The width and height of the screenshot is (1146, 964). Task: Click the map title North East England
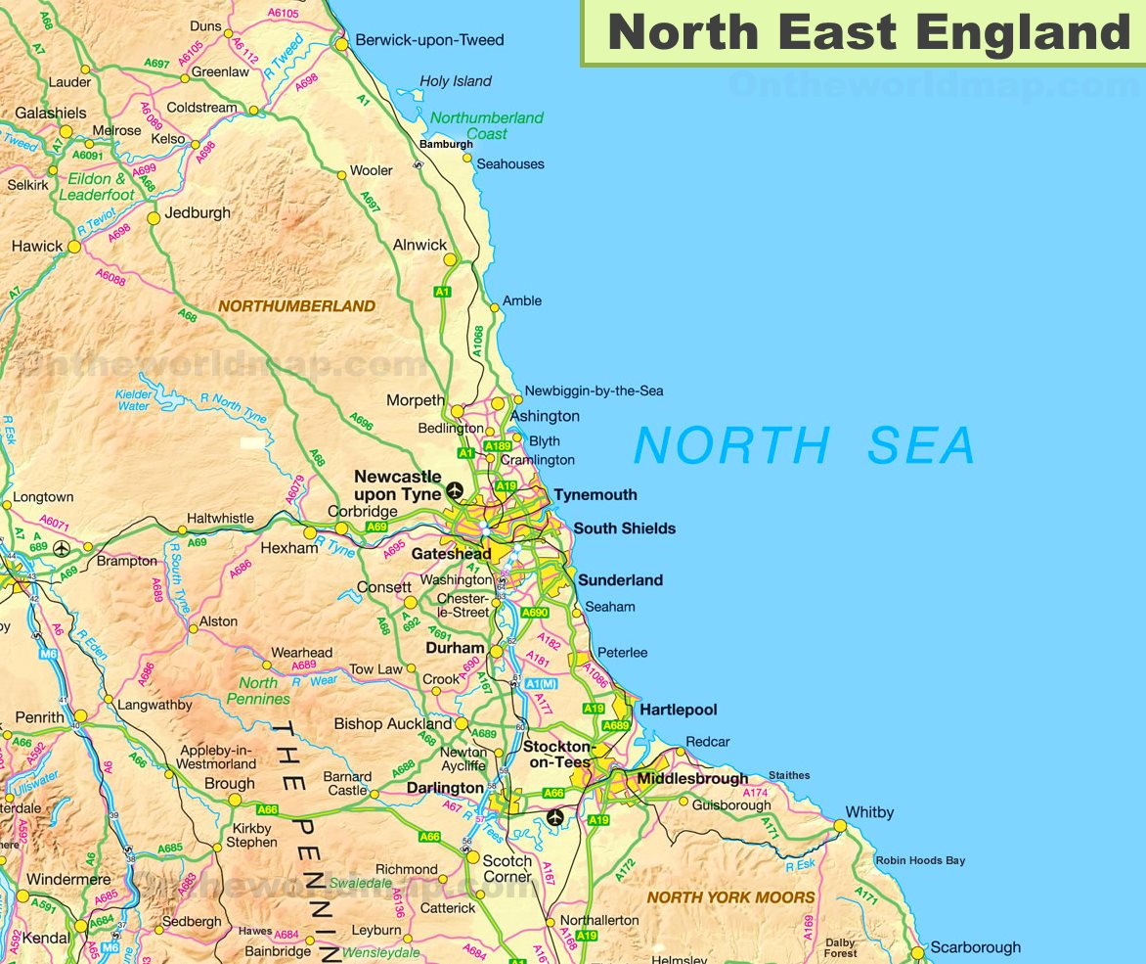[868, 32]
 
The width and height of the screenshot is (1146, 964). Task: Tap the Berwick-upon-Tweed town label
[429, 40]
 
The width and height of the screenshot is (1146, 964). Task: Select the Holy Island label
[456, 81]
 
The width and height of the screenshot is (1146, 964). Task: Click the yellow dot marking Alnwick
[450, 259]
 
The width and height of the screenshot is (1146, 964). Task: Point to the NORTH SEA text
[804, 446]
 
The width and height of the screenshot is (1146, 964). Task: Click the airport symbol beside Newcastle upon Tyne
[455, 489]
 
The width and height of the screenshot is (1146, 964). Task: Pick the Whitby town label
[869, 812]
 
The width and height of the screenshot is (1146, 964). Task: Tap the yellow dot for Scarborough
[917, 952]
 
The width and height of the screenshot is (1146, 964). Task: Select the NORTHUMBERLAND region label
[296, 306]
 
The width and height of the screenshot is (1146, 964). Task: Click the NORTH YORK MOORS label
[730, 897]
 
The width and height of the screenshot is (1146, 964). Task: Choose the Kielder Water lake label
[134, 400]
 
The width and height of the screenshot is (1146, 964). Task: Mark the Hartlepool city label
[678, 710]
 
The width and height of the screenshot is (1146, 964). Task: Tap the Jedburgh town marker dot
[154, 218]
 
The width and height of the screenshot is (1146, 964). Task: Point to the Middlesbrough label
[692, 779]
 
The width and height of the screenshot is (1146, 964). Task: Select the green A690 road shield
[535, 613]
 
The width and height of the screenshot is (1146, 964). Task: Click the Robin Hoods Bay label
[919, 860]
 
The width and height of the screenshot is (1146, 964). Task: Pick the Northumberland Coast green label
[486, 125]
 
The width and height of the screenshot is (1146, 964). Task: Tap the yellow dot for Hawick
[74, 247]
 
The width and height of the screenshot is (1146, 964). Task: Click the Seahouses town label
[509, 164]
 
